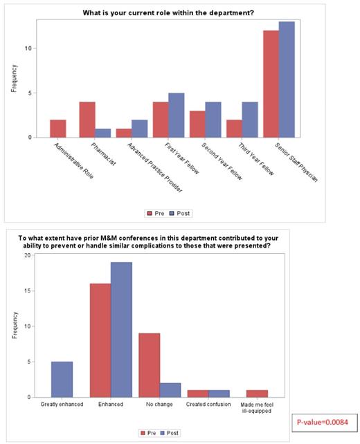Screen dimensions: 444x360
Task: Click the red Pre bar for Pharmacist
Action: [87, 120]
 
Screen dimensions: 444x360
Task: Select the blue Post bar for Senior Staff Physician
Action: [287, 80]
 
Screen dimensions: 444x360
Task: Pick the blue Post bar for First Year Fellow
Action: [177, 115]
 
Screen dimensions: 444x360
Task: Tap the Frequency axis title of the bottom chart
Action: [14, 326]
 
